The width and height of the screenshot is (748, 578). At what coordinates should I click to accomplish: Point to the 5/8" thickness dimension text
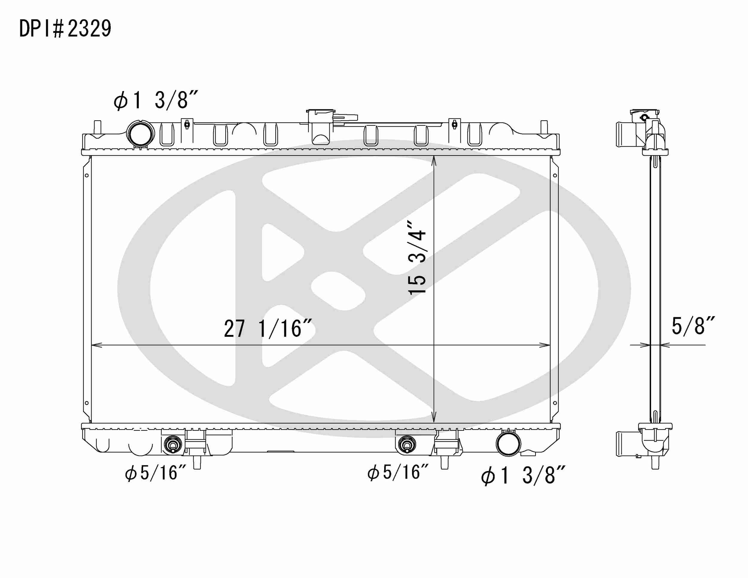tap(693, 326)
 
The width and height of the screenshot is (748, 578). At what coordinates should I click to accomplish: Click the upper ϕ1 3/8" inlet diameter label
tap(156, 100)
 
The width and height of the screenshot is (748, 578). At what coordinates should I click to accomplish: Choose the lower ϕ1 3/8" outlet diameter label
tap(523, 476)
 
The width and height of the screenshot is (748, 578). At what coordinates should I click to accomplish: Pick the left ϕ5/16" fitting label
tap(156, 473)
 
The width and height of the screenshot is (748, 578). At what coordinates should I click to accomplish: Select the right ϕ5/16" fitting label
tap(398, 472)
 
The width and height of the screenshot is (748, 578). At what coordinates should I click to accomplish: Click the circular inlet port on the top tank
tap(140, 135)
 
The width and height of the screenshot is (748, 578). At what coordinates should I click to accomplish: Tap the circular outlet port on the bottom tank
tap(508, 444)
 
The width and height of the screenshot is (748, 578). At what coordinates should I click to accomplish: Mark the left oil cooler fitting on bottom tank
tap(173, 445)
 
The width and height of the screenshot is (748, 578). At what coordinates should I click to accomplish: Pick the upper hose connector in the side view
tap(625, 134)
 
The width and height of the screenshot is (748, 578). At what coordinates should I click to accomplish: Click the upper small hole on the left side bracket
tap(87, 175)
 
